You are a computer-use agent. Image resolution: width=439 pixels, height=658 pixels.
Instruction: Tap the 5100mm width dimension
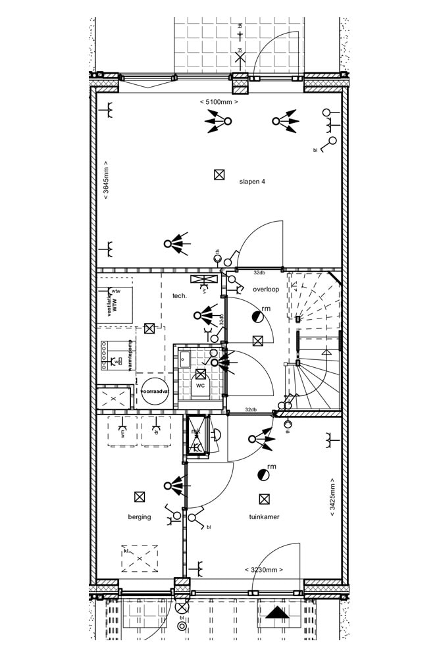click(x=218, y=102)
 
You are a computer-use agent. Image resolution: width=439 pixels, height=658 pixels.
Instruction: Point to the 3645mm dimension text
click(x=106, y=180)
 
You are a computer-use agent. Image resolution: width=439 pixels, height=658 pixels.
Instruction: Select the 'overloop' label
click(x=265, y=289)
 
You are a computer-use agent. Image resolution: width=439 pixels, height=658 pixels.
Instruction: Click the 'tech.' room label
click(x=180, y=296)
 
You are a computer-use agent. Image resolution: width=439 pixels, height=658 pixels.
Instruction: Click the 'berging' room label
click(x=140, y=517)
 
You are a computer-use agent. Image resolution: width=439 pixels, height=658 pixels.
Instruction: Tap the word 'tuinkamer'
click(x=264, y=517)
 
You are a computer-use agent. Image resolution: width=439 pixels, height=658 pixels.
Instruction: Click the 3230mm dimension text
click(x=263, y=569)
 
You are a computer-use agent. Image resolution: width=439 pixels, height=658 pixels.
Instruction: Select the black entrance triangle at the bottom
click(x=277, y=614)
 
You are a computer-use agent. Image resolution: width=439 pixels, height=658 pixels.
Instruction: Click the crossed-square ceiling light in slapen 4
click(x=219, y=174)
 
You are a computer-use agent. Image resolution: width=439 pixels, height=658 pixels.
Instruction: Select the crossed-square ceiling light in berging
click(x=139, y=497)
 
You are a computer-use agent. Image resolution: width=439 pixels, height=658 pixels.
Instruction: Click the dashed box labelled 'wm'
click(x=122, y=431)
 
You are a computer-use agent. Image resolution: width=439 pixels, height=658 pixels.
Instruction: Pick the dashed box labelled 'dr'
click(x=156, y=431)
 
